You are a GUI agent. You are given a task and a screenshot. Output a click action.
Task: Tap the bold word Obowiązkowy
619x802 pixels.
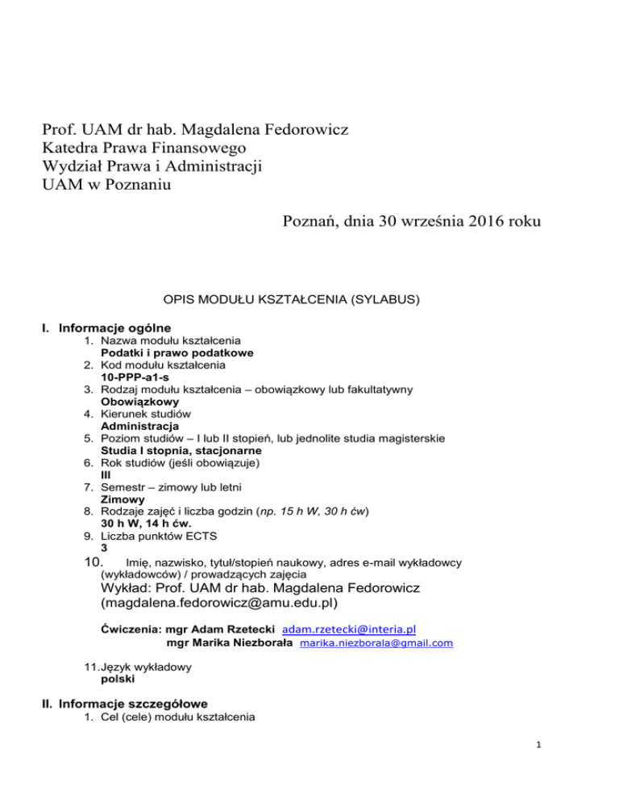(x=140, y=400)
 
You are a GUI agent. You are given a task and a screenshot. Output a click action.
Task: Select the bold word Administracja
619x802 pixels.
(x=140, y=425)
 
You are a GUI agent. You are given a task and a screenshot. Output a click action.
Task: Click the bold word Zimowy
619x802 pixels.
(x=123, y=499)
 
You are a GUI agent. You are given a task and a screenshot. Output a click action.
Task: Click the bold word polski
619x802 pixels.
(x=117, y=679)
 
